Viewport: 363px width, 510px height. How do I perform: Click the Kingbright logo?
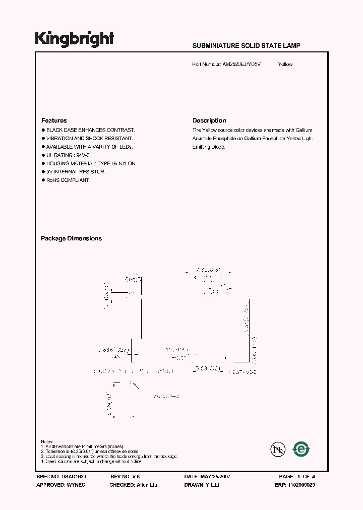point(74,39)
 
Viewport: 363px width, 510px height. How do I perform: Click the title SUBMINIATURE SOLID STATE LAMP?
point(247,46)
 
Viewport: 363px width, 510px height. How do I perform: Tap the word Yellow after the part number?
point(285,65)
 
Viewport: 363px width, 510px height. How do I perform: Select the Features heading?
point(54,120)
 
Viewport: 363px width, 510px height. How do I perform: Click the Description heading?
point(209,120)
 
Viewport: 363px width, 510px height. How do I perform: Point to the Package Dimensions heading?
point(71,238)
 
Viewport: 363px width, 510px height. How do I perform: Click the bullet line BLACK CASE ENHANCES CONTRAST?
point(91,130)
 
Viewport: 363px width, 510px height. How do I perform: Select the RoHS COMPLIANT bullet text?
point(69,180)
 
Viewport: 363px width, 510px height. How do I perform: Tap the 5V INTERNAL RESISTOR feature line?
point(76,172)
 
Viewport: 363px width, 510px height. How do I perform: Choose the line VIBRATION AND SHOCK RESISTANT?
point(90,138)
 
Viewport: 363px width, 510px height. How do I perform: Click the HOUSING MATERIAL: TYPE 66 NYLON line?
point(91,163)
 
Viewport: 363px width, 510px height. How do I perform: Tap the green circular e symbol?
point(301,449)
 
